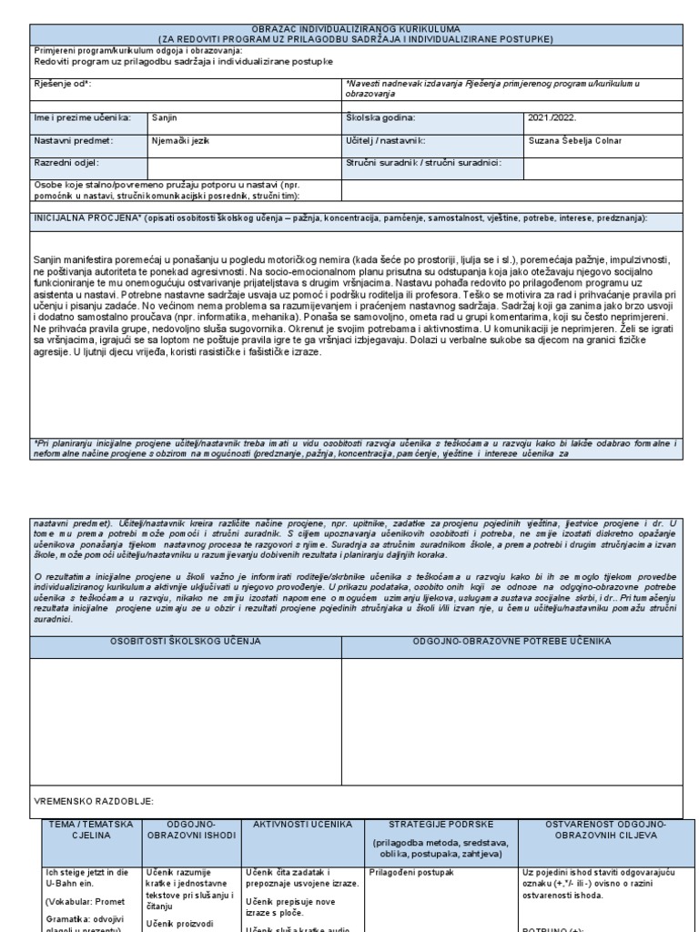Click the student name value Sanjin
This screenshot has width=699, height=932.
(164, 117)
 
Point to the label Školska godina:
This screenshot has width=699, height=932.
(380, 117)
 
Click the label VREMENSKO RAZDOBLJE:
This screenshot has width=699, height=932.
(94, 801)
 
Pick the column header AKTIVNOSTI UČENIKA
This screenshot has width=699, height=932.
(302, 824)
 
